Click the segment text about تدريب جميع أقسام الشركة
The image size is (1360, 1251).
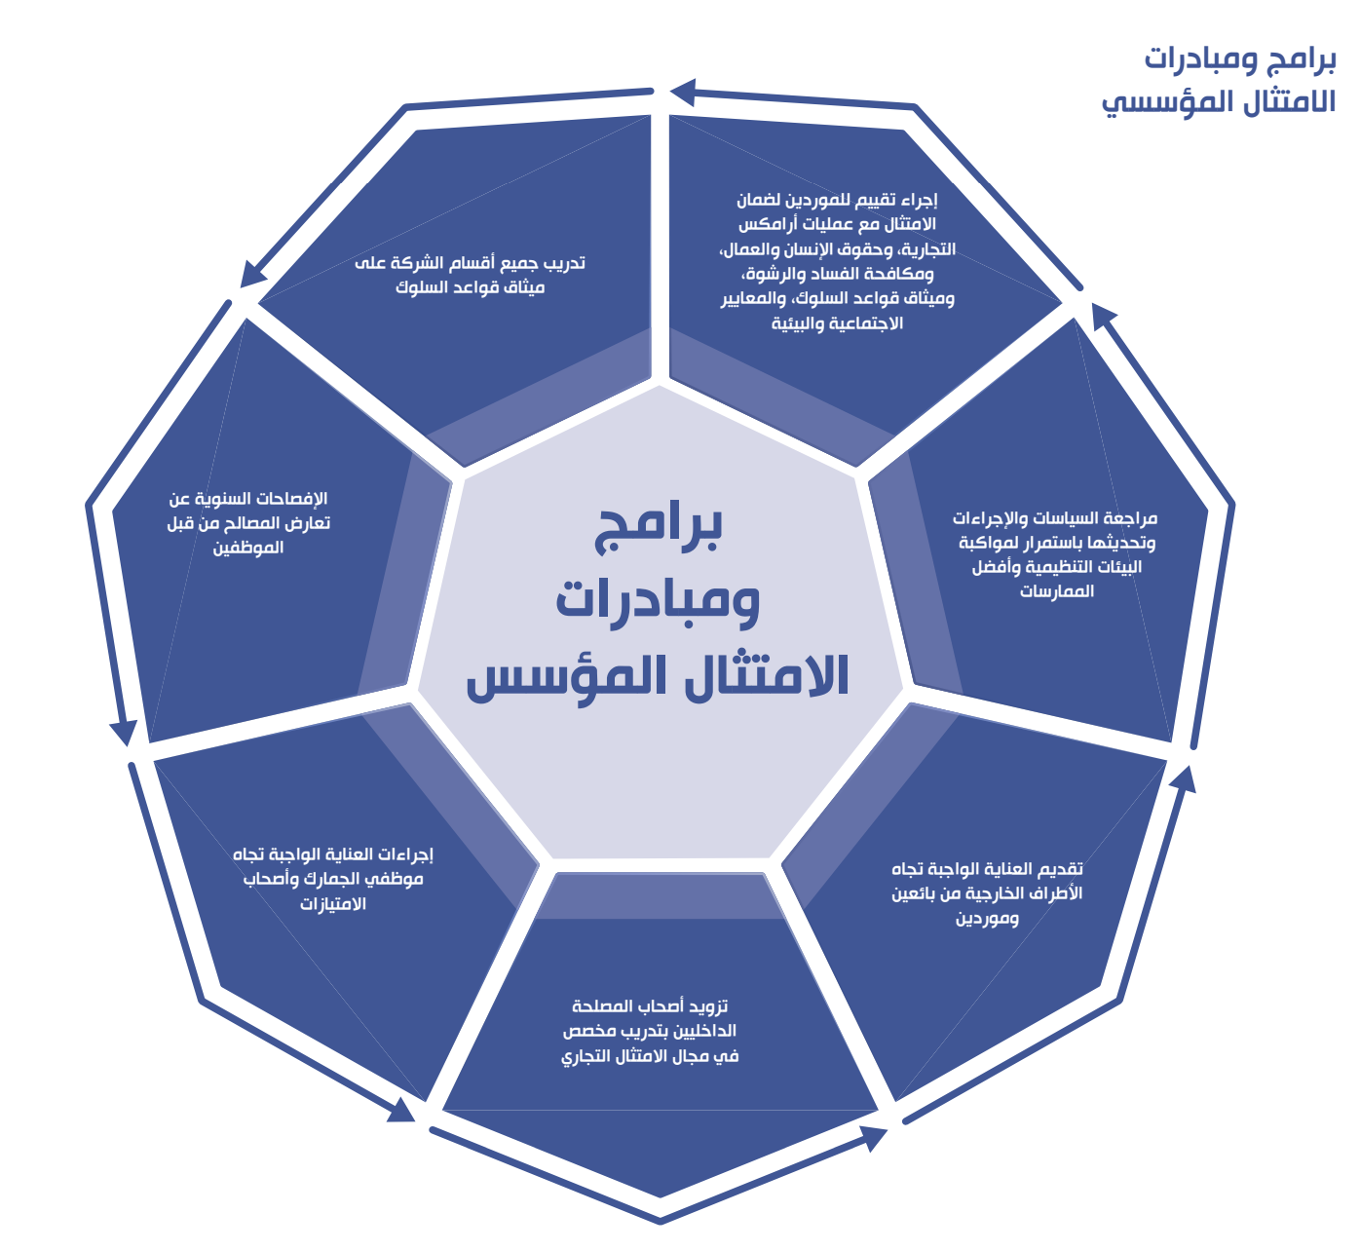click(470, 275)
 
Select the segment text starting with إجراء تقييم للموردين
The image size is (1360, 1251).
click(837, 261)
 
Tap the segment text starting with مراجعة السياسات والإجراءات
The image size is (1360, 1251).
click(1056, 554)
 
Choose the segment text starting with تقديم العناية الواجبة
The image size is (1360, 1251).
click(987, 893)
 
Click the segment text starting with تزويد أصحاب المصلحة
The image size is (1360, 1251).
click(650, 1031)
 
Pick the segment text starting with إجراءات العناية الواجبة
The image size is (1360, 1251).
click(333, 878)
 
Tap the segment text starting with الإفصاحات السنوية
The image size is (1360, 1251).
click(248, 523)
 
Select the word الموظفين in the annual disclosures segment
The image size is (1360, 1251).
click(248, 548)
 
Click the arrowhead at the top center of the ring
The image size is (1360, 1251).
click(683, 93)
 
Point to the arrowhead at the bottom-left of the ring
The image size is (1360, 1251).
click(401, 1111)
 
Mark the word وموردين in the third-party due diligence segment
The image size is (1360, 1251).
click(987, 918)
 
